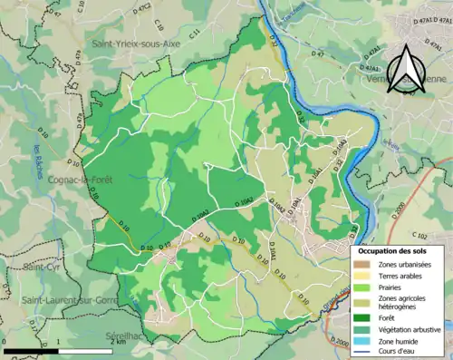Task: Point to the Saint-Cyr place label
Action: pyautogui.click(x=40, y=267)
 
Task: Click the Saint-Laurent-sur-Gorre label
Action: pyautogui.click(x=63, y=300)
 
